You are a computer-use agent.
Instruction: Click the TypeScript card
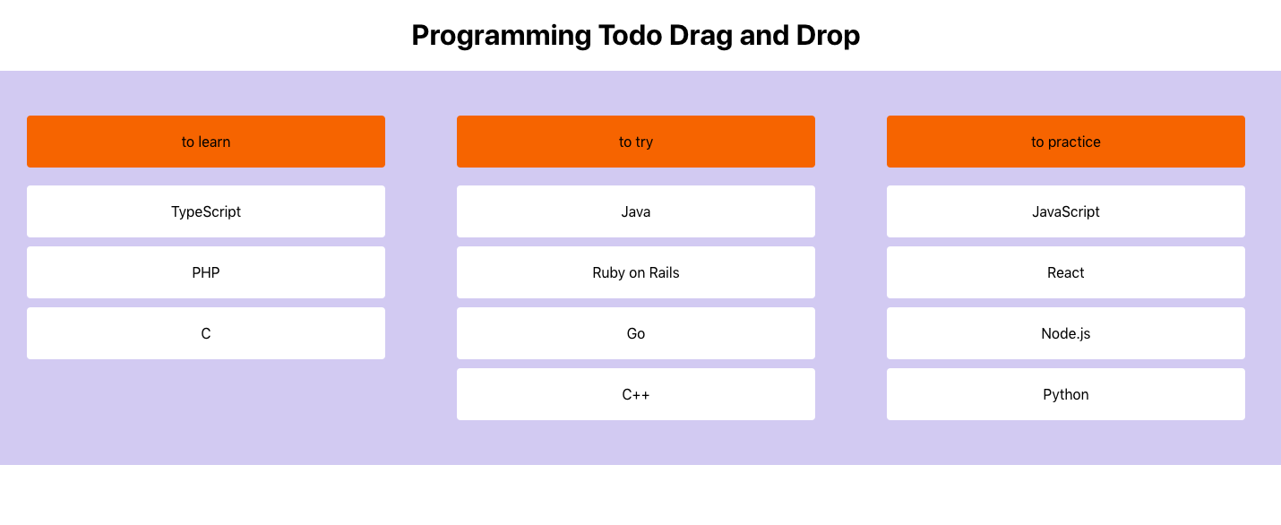pos(206,211)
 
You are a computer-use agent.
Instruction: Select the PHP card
pos(206,272)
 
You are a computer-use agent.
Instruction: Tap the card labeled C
pos(206,333)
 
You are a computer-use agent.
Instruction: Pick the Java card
pos(636,211)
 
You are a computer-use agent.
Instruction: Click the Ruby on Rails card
pos(636,272)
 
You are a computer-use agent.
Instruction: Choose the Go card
pos(636,333)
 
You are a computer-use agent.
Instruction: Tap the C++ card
pos(636,394)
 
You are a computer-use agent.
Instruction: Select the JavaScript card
pos(1066,211)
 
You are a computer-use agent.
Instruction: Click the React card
pos(1066,272)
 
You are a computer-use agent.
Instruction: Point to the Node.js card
pos(1066,333)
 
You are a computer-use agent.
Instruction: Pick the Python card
pos(1066,394)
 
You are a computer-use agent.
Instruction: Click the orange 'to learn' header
pos(206,142)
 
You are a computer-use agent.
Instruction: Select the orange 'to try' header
pos(636,142)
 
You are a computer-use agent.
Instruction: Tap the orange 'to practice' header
pos(1066,142)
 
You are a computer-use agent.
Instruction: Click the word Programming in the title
pos(502,37)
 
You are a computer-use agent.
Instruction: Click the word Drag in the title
pos(701,37)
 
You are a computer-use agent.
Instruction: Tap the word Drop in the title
pos(828,37)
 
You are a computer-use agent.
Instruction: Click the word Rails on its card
pos(665,272)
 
